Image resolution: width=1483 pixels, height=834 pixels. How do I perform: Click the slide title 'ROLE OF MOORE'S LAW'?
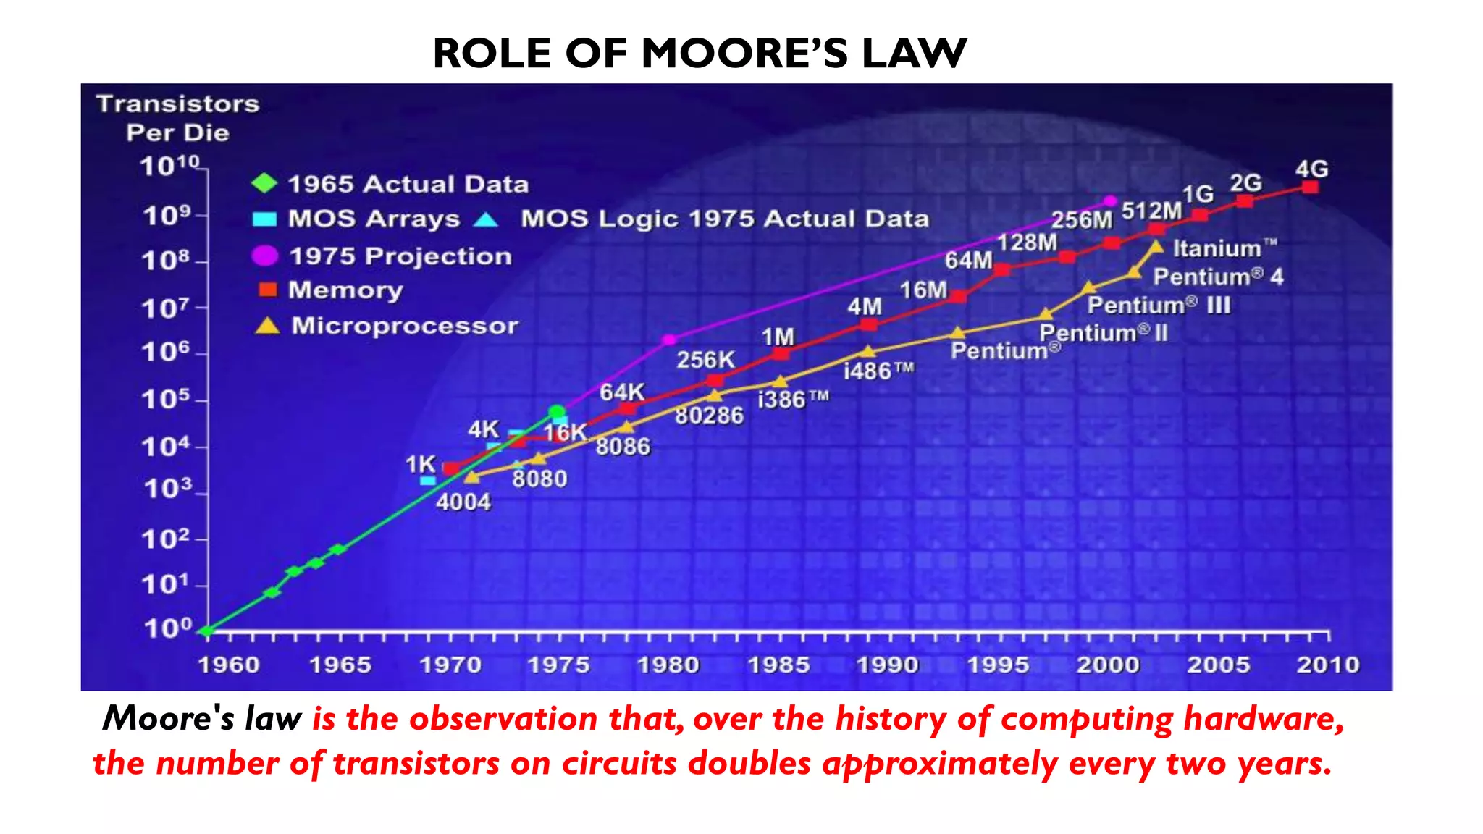(x=700, y=54)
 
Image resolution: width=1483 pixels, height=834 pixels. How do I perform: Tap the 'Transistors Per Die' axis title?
(x=178, y=118)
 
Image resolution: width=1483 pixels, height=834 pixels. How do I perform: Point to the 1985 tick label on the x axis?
(x=778, y=665)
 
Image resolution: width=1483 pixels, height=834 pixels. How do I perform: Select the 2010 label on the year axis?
(x=1328, y=665)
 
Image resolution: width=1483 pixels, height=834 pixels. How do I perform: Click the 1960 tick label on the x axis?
(x=229, y=665)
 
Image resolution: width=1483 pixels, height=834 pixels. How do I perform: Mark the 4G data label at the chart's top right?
(x=1311, y=169)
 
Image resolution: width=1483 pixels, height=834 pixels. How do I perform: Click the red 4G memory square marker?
(x=1310, y=188)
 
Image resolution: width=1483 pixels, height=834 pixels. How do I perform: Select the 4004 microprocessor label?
(x=463, y=502)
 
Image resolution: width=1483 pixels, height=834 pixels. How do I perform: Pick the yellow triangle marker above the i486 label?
(x=868, y=352)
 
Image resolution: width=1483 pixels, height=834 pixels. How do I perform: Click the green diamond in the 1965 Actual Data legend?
(x=264, y=183)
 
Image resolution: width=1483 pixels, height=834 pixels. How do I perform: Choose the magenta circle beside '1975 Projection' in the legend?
(x=264, y=256)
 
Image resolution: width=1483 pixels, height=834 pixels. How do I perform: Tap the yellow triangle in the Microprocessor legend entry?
(x=267, y=327)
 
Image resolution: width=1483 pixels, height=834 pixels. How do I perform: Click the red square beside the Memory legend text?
(x=268, y=290)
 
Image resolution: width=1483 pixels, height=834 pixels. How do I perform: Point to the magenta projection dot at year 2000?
(x=1110, y=201)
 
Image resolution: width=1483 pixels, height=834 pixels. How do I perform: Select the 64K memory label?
(x=622, y=392)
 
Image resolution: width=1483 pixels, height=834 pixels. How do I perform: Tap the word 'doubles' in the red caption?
(x=749, y=764)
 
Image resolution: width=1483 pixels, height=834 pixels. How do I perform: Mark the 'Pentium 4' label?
(x=1218, y=277)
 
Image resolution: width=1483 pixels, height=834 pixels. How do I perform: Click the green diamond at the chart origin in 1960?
(x=208, y=631)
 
